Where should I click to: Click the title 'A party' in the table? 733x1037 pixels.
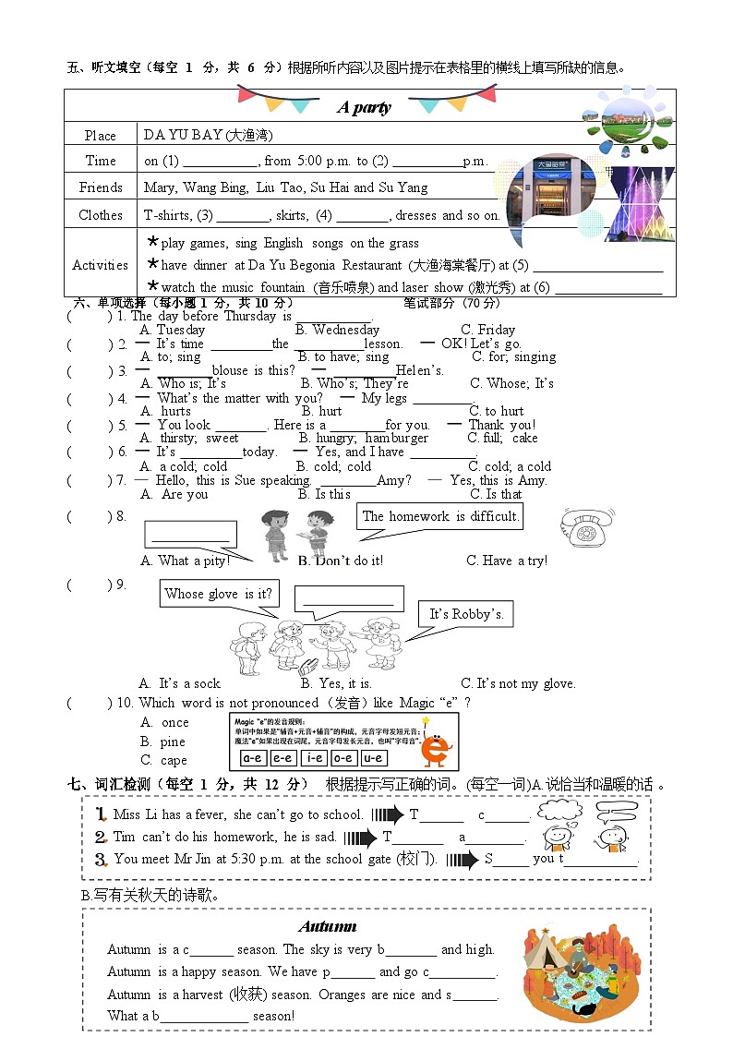(x=364, y=107)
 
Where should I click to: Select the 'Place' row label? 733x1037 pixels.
(x=101, y=136)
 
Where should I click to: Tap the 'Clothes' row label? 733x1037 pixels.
(x=101, y=215)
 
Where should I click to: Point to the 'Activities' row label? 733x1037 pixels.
(x=100, y=265)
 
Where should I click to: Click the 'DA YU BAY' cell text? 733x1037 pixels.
(x=208, y=135)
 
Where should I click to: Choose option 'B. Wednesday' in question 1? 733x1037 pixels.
(x=337, y=330)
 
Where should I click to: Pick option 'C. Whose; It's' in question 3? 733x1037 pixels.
(x=511, y=383)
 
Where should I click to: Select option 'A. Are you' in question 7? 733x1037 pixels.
(x=174, y=494)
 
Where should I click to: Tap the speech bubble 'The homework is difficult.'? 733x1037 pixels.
(x=440, y=516)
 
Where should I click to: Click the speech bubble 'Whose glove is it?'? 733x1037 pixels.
(x=220, y=594)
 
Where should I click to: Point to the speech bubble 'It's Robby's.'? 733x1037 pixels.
(x=466, y=614)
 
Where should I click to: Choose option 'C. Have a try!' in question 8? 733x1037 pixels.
(x=507, y=561)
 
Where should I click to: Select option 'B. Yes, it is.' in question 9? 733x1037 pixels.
(x=336, y=683)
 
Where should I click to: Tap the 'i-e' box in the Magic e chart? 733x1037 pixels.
(x=314, y=758)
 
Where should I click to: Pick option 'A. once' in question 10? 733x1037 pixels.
(x=164, y=722)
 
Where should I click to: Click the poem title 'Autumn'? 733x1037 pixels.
(x=328, y=926)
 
